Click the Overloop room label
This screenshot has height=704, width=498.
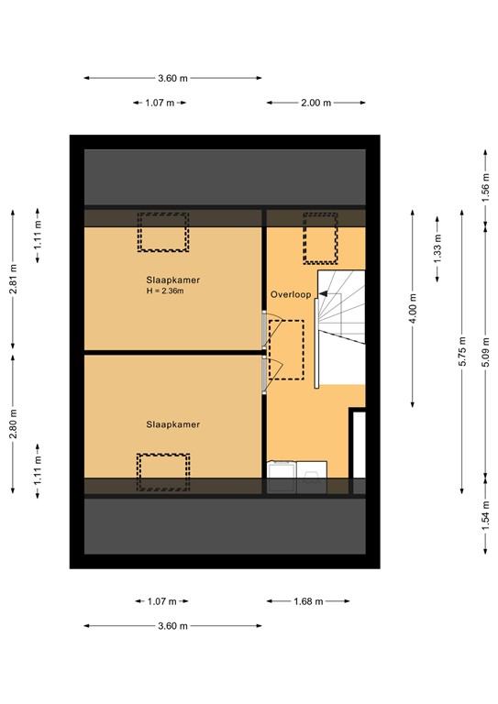click(292, 294)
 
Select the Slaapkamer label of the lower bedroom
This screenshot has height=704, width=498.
click(172, 424)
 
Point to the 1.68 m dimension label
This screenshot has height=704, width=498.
click(308, 601)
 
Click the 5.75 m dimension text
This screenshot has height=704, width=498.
click(463, 349)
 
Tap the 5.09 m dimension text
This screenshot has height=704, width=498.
click(485, 349)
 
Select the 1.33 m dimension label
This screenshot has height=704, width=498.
click(437, 247)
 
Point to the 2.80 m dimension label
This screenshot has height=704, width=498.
click(14, 423)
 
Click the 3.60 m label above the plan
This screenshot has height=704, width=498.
click(172, 79)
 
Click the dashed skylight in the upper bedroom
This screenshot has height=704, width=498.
click(163, 232)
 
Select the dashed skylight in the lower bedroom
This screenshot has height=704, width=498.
click(163, 472)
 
